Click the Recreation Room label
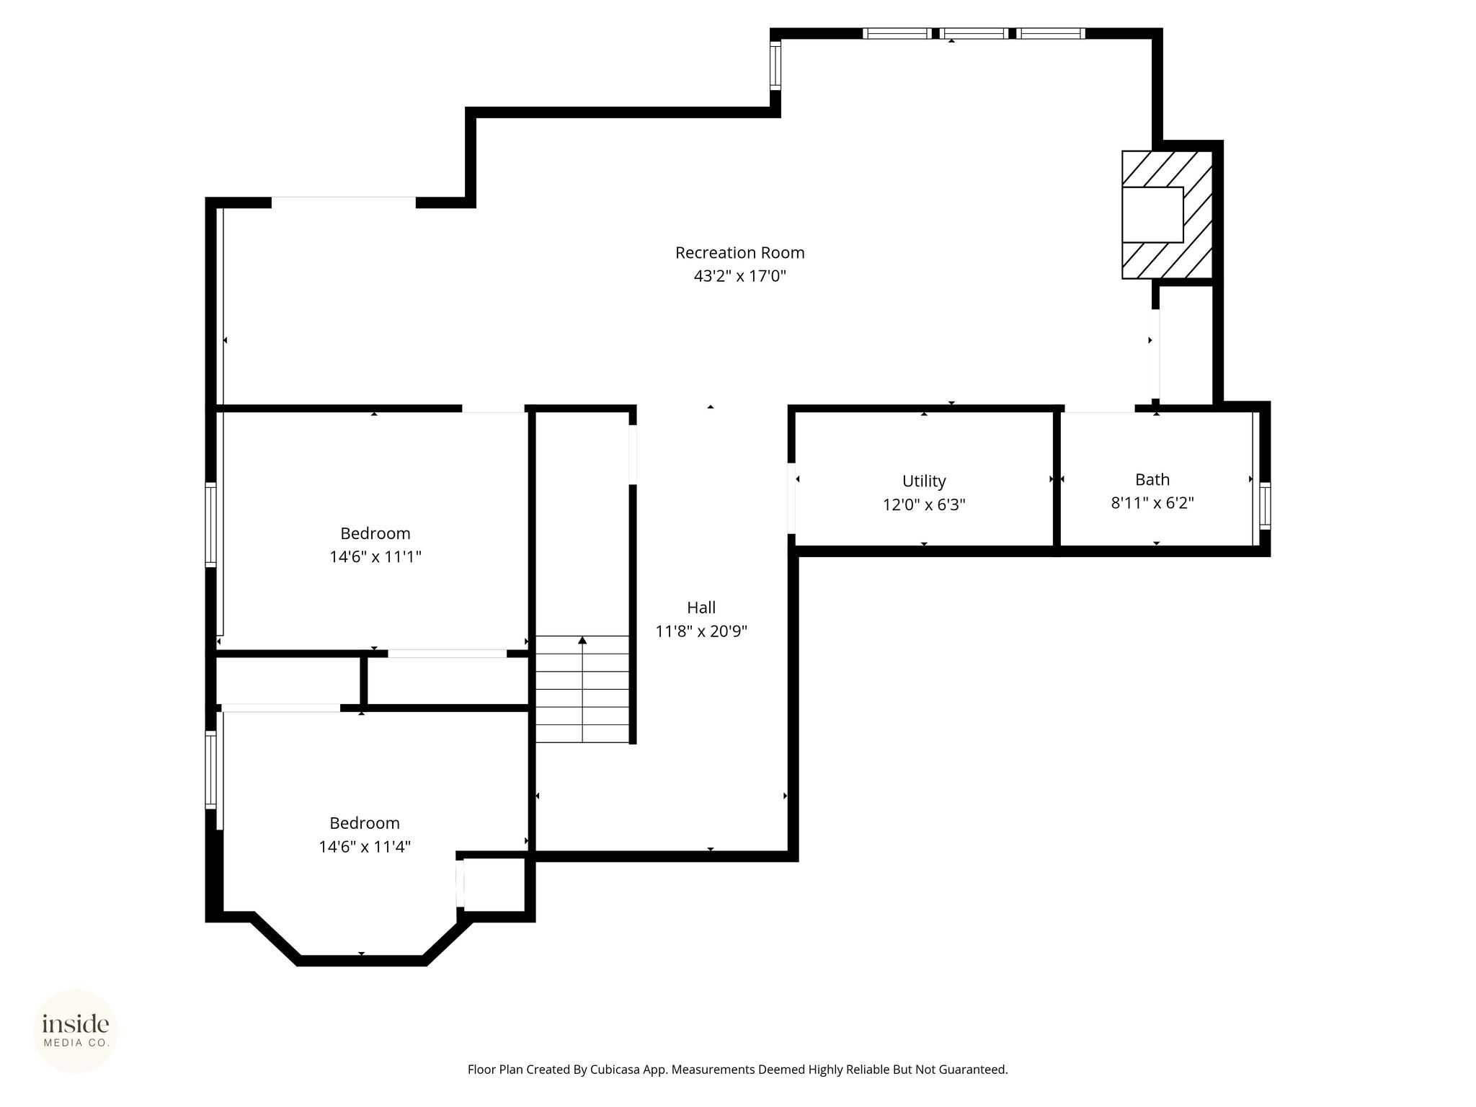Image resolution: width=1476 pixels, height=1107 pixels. (x=739, y=253)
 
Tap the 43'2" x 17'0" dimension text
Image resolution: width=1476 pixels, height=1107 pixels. (x=739, y=276)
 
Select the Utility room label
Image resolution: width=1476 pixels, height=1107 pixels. (x=924, y=481)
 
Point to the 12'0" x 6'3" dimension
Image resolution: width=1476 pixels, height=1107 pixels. (x=924, y=504)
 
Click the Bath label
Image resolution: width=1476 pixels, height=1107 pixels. (x=1152, y=479)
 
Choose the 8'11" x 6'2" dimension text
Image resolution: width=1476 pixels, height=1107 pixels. (x=1152, y=503)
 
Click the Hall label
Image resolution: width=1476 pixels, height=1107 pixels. (x=701, y=608)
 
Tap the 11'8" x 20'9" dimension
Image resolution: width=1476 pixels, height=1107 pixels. (x=701, y=631)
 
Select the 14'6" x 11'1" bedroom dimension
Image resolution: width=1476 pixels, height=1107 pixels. (x=375, y=556)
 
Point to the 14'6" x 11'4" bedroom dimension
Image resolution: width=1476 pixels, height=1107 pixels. (x=365, y=846)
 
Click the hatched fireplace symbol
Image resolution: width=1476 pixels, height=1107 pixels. (x=1167, y=215)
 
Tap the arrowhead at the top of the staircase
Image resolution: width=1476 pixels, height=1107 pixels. (x=582, y=640)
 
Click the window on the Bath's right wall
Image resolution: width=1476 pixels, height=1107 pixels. (x=1265, y=505)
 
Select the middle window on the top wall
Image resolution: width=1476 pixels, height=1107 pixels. (x=974, y=33)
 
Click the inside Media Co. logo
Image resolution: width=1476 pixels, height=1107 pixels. (x=76, y=1031)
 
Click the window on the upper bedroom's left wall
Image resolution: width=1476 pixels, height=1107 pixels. (x=211, y=524)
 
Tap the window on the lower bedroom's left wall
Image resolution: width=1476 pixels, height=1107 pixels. (x=211, y=770)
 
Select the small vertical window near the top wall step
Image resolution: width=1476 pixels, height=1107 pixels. (x=775, y=64)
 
